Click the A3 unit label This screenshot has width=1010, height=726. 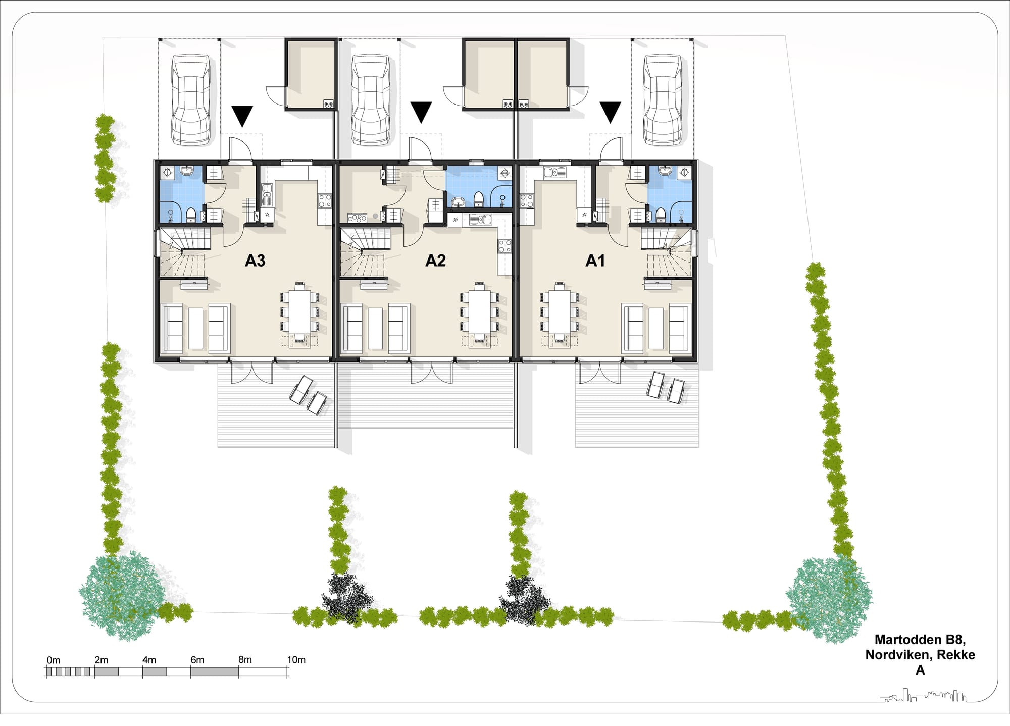pos(255,261)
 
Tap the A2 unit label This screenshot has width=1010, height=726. pos(435,261)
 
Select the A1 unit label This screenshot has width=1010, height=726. pos(595,261)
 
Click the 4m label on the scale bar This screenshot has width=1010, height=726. pos(149,660)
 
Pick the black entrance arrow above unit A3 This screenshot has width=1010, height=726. pos(242,116)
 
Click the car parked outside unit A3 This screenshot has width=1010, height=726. pos(190,100)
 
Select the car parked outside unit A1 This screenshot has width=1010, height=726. pos(663,100)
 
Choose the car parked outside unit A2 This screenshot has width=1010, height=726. pos(371,100)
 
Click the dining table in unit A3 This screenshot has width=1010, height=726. pos(300,311)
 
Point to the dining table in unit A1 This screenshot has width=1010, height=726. pos(560,311)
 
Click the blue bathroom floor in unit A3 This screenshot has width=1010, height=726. pos(182,194)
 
